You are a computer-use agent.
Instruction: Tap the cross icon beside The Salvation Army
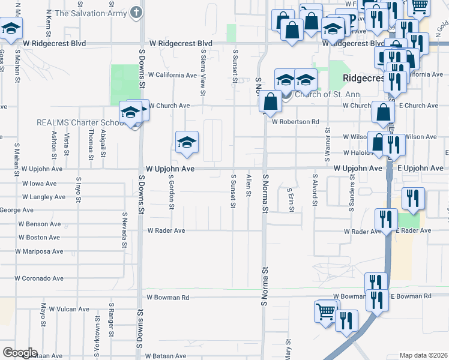(x=137, y=12)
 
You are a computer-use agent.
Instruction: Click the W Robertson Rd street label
(x=295, y=122)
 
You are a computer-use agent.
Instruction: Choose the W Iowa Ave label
(x=39, y=184)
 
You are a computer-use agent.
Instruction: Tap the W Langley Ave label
(x=43, y=197)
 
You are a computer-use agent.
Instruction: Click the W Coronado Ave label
(x=39, y=278)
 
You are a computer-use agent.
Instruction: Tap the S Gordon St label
(x=171, y=193)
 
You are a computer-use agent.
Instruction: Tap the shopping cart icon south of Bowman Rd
(x=325, y=311)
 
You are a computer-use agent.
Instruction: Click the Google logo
(x=20, y=353)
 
